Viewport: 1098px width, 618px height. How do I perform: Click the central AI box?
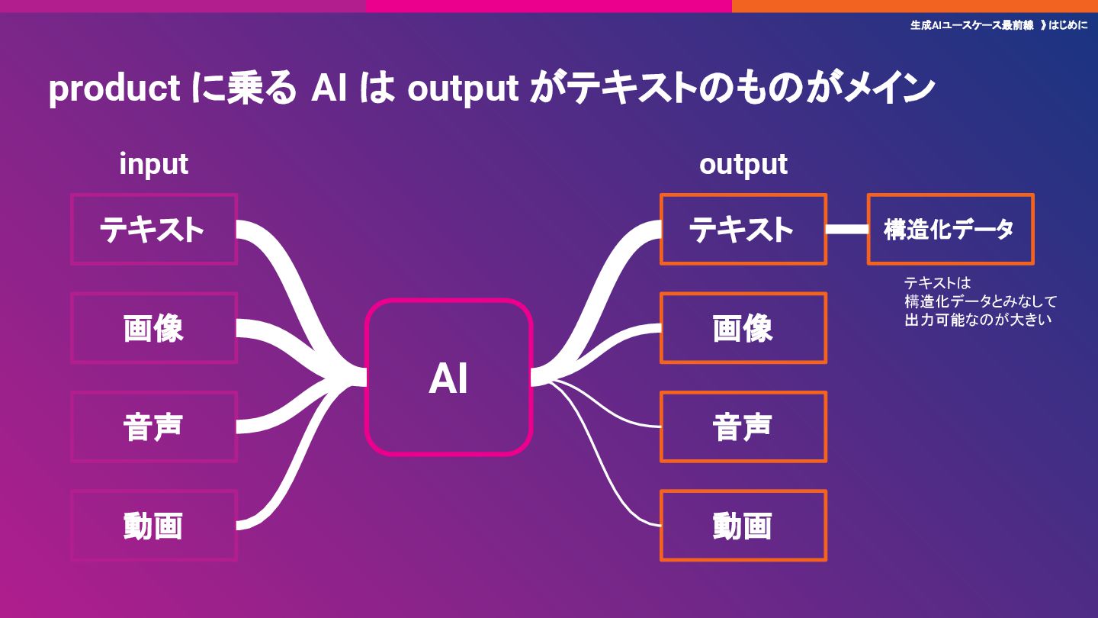[x=448, y=378]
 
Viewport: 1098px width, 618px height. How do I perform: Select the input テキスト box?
[x=154, y=229]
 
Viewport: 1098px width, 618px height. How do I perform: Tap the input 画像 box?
[x=154, y=328]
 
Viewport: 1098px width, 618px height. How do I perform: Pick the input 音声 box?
[x=154, y=426]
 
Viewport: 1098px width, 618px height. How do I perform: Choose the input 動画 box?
[x=154, y=526]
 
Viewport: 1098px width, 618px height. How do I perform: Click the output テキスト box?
[x=743, y=229]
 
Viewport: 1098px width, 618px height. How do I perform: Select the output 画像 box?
[x=743, y=328]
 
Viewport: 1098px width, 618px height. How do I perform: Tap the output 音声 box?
[x=743, y=426]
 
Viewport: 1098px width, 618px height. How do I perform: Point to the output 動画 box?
[x=743, y=526]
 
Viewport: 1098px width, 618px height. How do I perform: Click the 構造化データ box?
[x=950, y=229]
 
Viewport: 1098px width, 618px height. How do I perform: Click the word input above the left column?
[x=153, y=164]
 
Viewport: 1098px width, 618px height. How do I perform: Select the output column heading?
[x=743, y=164]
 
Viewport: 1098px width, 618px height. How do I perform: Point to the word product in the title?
[x=114, y=90]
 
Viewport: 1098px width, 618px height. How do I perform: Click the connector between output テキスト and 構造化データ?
[x=847, y=229]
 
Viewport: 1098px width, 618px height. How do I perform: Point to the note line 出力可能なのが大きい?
[x=978, y=320]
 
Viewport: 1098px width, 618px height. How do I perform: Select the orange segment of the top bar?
[x=915, y=5]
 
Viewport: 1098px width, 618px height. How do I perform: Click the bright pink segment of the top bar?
[x=549, y=5]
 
